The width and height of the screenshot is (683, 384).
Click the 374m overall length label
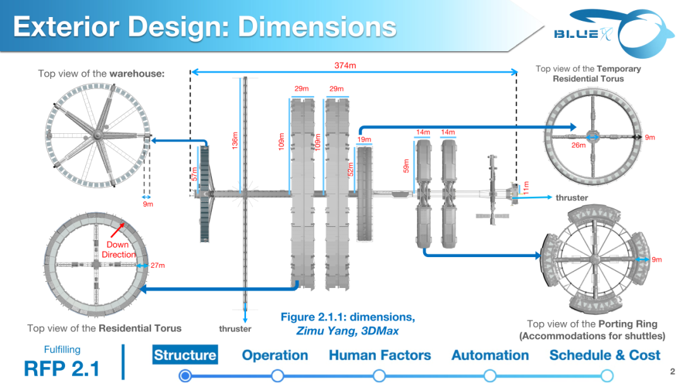point(345,65)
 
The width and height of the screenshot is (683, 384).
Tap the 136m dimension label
point(235,141)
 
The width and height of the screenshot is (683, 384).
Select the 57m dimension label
point(194,174)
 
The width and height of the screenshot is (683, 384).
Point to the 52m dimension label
point(350,170)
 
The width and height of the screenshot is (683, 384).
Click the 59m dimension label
point(406,165)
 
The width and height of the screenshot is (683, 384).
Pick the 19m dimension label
point(364,140)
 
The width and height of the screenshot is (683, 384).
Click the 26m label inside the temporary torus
point(578,145)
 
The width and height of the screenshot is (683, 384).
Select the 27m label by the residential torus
point(157,265)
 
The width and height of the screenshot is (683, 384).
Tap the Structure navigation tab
point(185,355)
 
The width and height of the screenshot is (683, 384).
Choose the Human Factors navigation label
point(379,355)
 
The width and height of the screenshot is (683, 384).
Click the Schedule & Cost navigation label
point(605,355)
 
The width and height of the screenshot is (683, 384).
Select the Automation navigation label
point(490,355)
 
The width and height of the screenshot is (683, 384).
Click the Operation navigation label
point(275,355)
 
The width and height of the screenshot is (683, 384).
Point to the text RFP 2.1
point(62,368)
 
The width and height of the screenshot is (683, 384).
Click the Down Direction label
point(118,249)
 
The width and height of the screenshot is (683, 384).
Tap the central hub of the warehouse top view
point(95,135)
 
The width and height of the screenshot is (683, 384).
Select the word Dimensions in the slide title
point(317,27)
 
